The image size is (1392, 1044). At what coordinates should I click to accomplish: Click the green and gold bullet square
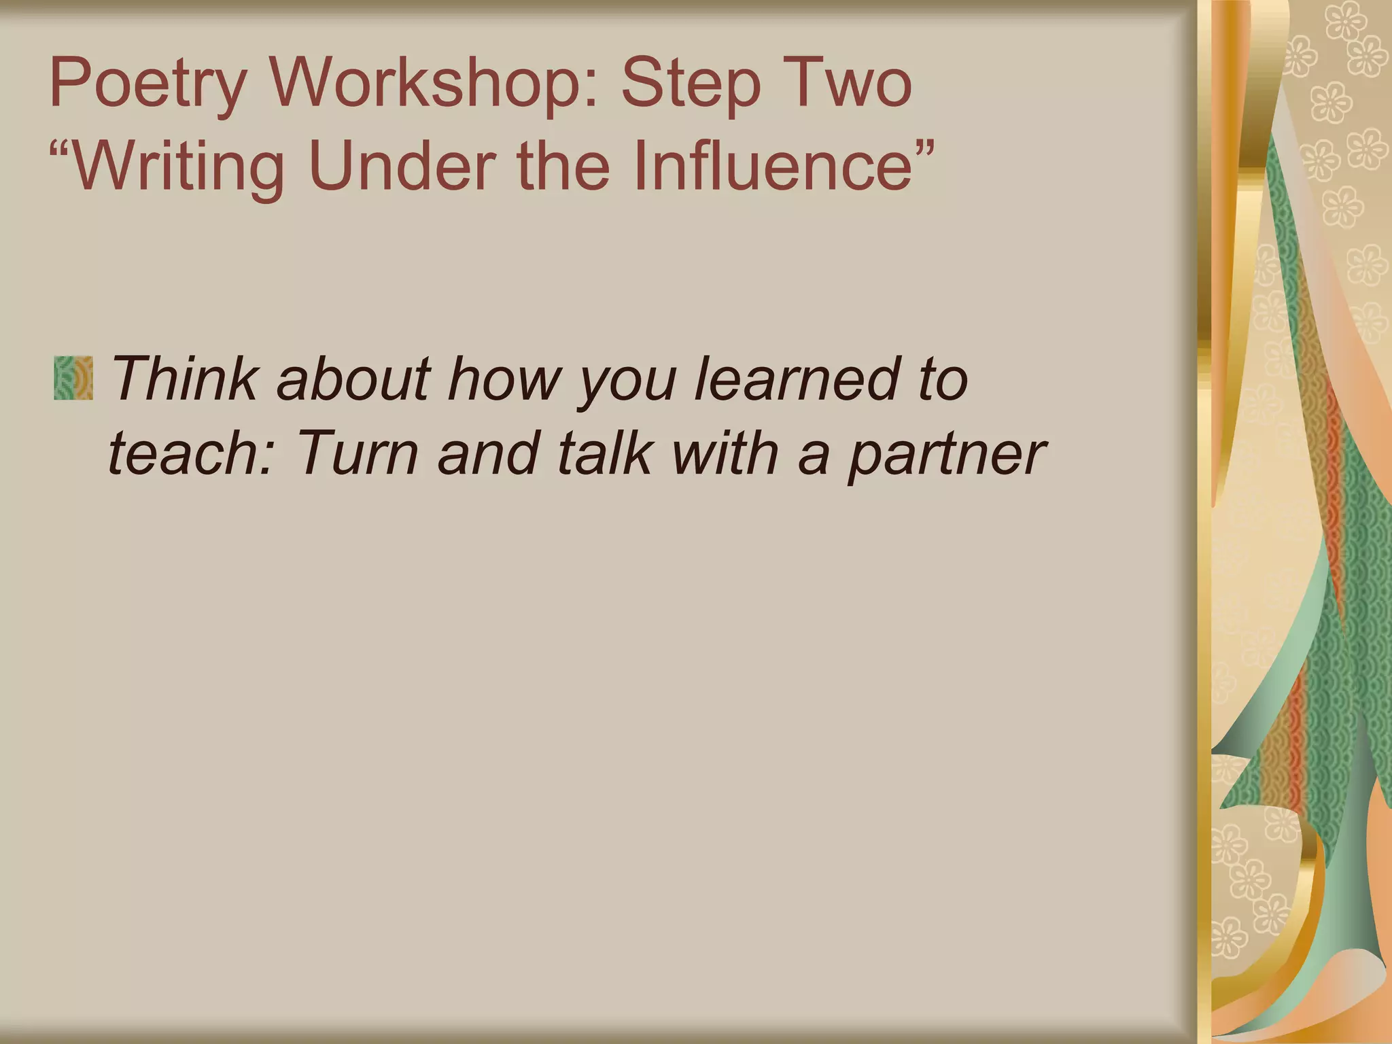tap(73, 378)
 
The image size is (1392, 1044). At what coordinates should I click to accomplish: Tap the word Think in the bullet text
tap(184, 378)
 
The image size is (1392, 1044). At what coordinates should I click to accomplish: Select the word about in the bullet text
tap(353, 378)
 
